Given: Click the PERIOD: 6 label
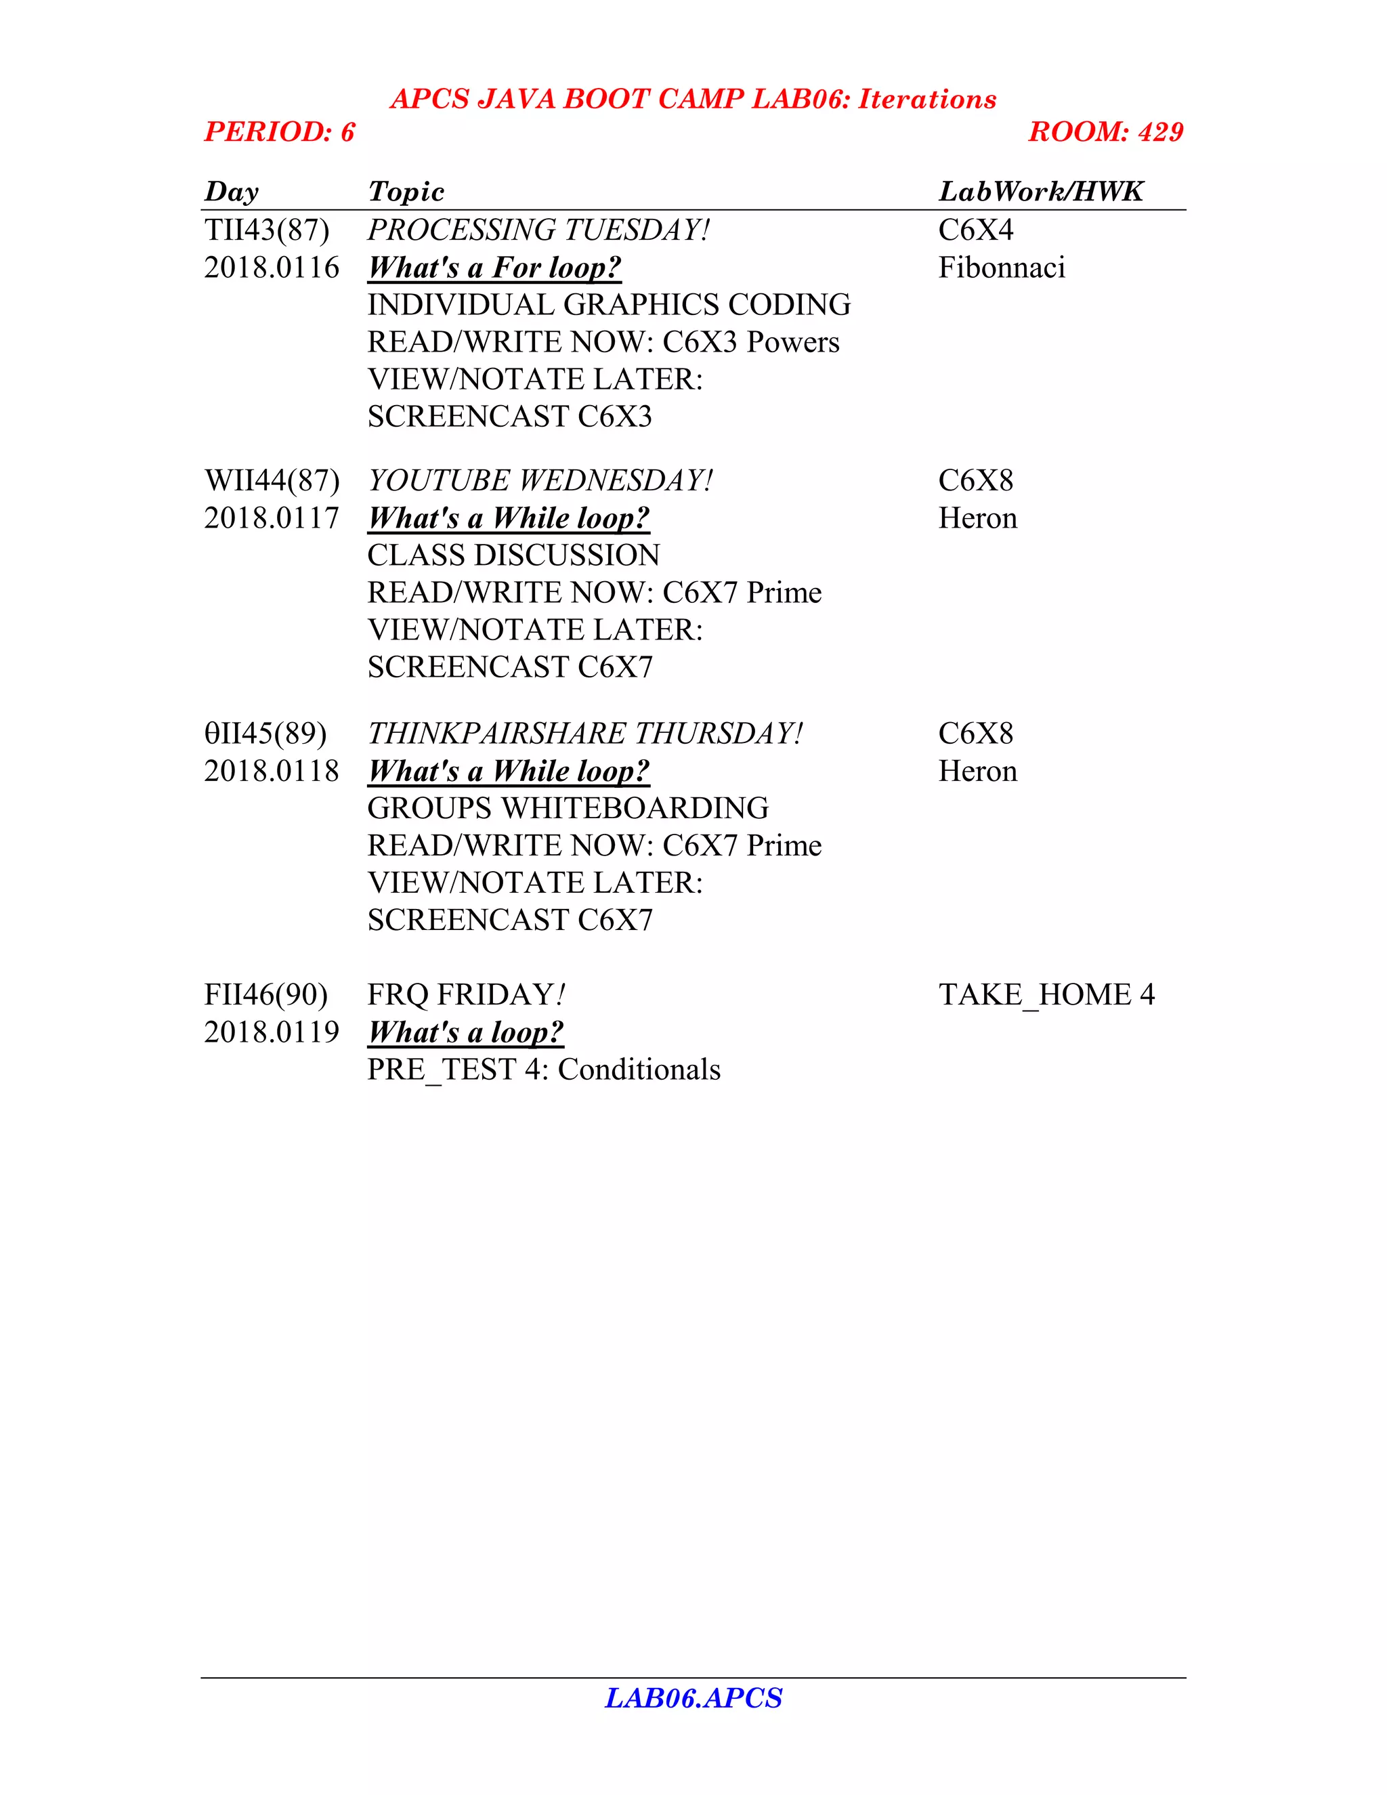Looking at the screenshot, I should [280, 131].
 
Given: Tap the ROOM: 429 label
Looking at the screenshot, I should [1105, 131].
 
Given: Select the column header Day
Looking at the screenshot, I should [231, 192].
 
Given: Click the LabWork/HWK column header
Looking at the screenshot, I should [1040, 192].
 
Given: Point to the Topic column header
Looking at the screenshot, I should [406, 192].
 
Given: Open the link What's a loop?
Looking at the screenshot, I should [465, 1032].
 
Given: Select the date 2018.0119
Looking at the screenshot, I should [271, 1032].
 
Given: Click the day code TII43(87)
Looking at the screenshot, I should [266, 230].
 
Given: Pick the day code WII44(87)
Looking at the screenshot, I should [271, 481].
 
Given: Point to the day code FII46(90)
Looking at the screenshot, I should [265, 995].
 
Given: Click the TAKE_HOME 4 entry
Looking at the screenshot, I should [1046, 995].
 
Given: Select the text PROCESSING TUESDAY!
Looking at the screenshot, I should [538, 230].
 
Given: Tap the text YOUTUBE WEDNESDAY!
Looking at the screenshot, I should [540, 481].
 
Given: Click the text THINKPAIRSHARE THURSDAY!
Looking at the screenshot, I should [584, 733].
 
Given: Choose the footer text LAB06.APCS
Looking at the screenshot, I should [693, 1698].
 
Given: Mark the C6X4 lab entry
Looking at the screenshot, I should [975, 230].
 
